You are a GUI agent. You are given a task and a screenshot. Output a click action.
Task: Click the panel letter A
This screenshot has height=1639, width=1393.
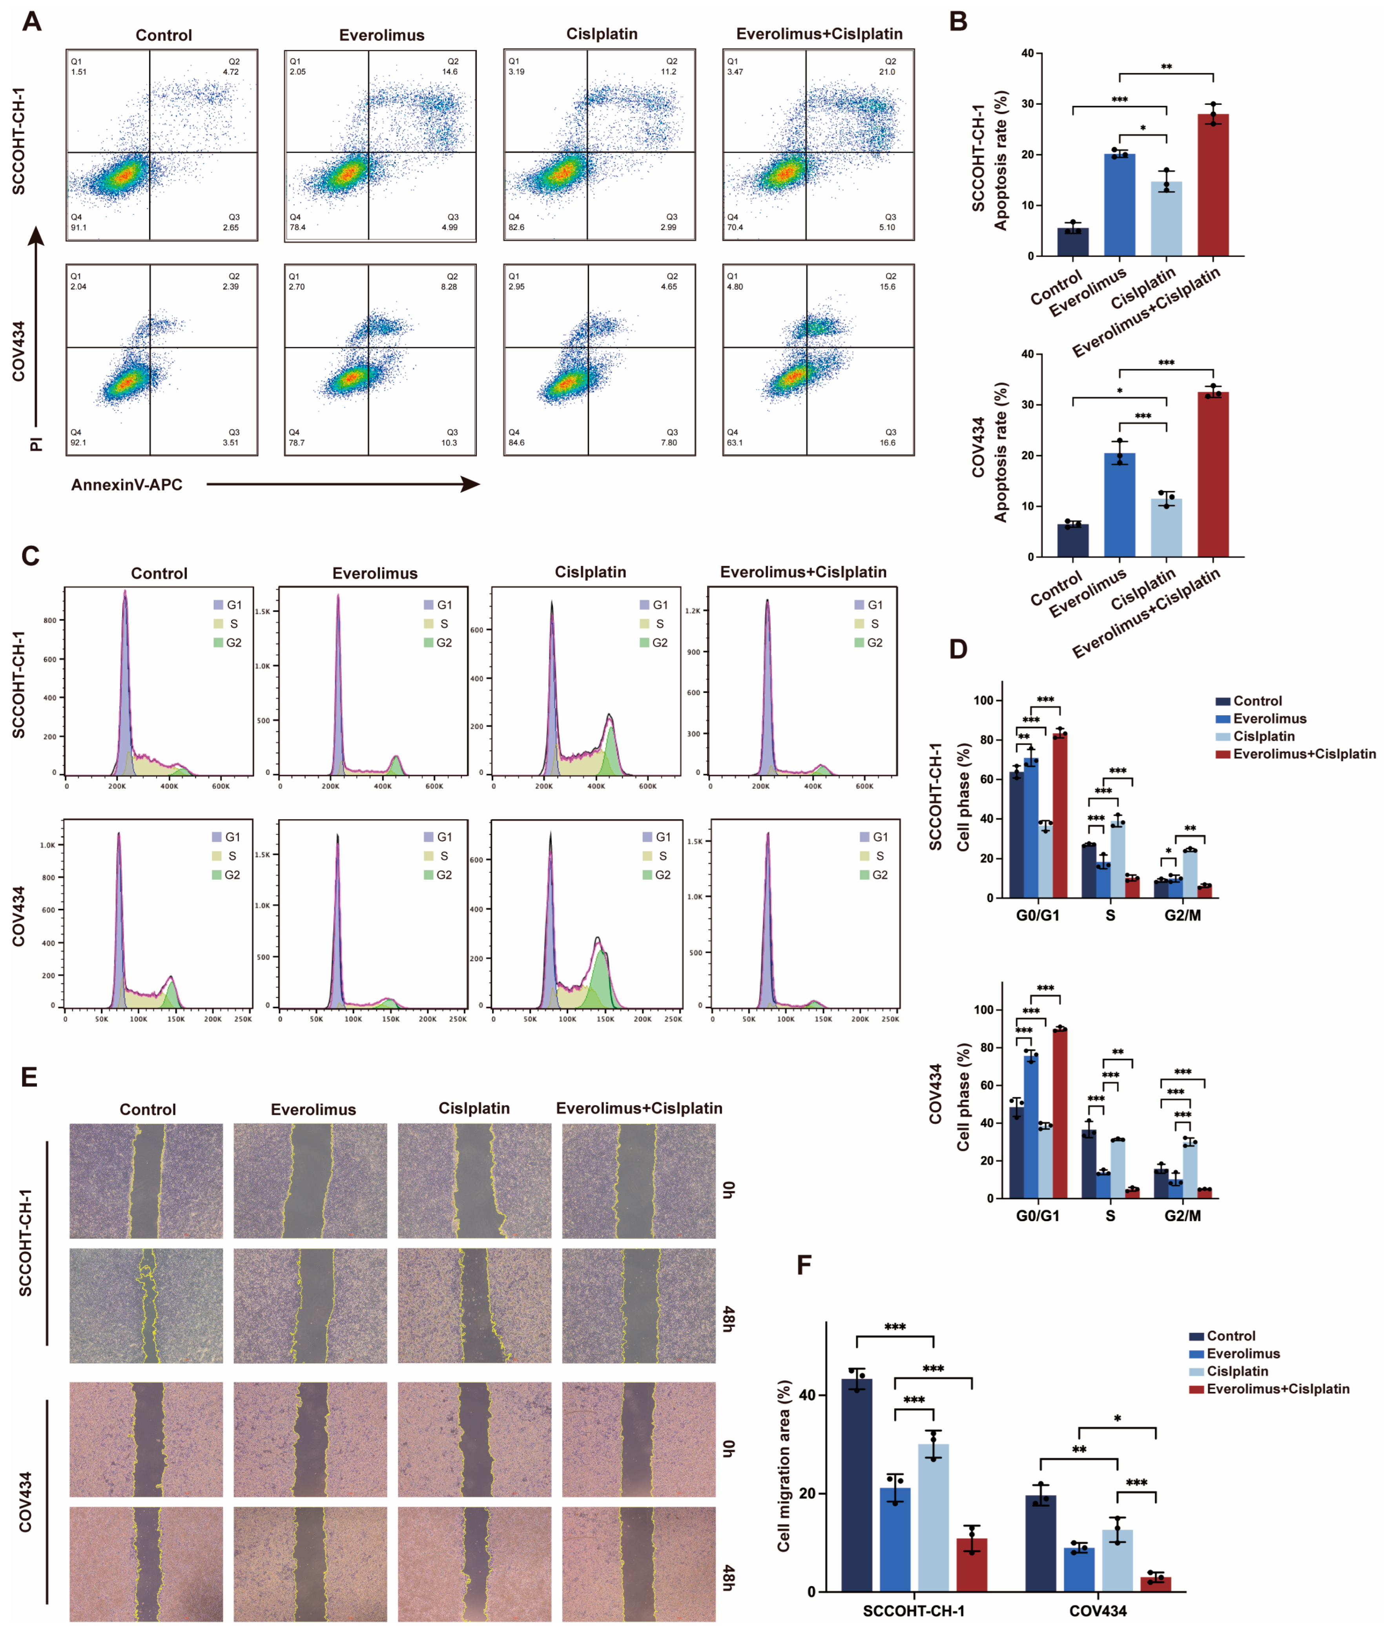(31, 21)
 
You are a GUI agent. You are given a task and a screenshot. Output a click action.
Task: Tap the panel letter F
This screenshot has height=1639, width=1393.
(804, 1265)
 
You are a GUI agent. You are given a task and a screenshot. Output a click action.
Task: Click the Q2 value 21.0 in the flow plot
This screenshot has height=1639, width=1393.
(887, 72)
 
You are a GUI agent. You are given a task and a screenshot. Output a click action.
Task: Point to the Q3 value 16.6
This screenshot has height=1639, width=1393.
(888, 443)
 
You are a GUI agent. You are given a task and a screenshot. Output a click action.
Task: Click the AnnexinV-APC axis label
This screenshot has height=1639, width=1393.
(126, 485)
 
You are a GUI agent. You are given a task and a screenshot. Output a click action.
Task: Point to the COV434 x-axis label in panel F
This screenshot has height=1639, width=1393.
(1098, 1611)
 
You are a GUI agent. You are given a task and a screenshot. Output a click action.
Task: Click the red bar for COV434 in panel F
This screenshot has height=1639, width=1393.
(1155, 1584)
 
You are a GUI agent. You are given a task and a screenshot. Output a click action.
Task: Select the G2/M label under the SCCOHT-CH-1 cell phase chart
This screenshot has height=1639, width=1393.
(1182, 915)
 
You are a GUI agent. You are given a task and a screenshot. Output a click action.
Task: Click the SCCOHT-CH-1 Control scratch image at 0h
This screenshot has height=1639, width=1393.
(146, 1181)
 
